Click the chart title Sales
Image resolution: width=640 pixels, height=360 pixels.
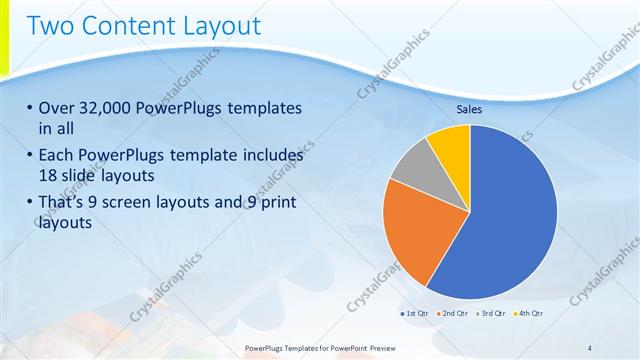(470, 109)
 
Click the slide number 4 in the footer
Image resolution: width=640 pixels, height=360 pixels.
(590, 347)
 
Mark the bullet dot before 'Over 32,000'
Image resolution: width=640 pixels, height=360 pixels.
(30, 108)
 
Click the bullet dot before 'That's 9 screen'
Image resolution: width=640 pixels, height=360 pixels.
(30, 203)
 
